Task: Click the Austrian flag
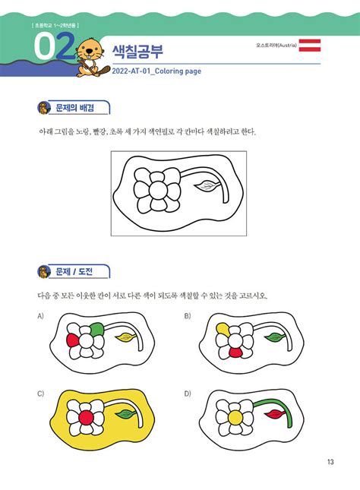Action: (x=310, y=46)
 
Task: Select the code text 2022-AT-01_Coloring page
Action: (x=156, y=73)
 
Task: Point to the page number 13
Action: (x=330, y=463)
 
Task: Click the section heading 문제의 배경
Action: (x=79, y=108)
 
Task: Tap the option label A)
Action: (x=40, y=315)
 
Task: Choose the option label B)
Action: (x=187, y=315)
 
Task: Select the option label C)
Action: (x=40, y=393)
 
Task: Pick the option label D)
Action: (x=187, y=393)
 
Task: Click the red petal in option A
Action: (x=73, y=337)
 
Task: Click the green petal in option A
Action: (x=96, y=328)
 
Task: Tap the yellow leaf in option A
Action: (x=124, y=335)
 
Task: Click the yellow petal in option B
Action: (x=222, y=327)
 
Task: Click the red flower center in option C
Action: (x=87, y=416)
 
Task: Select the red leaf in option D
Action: (x=272, y=415)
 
